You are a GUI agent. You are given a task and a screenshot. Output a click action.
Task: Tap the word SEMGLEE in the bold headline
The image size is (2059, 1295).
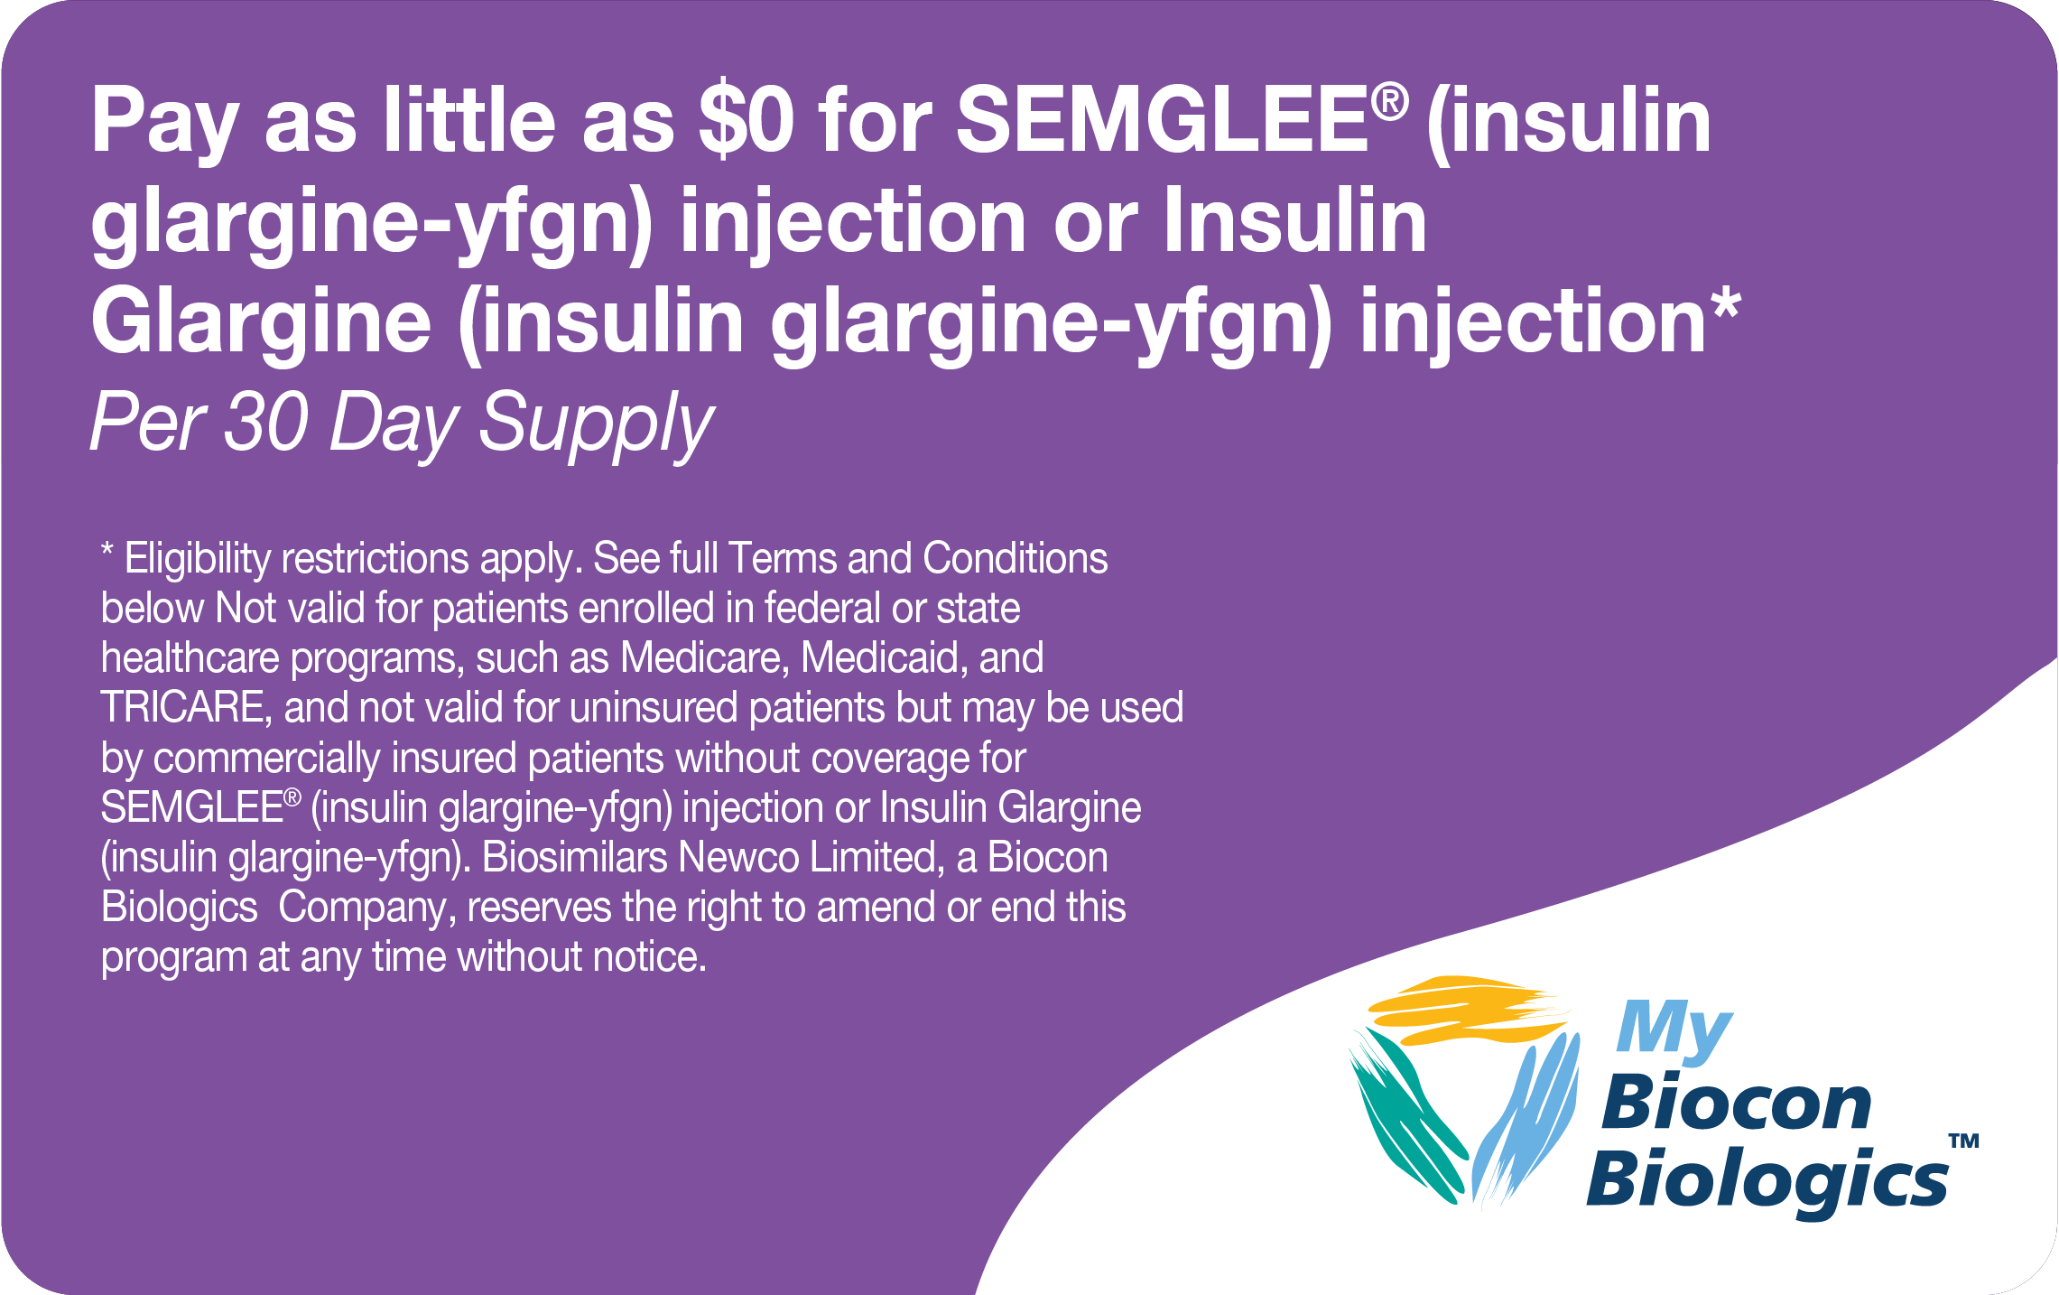click(1163, 120)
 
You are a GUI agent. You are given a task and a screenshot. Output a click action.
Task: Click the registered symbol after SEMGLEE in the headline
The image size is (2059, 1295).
click(1389, 101)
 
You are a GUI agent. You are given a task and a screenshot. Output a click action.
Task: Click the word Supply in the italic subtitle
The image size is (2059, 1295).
click(596, 424)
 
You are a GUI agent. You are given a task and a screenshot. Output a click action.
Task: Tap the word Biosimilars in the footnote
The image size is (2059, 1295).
click(574, 858)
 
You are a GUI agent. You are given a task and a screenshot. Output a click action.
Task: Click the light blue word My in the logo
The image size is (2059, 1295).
click(1672, 1029)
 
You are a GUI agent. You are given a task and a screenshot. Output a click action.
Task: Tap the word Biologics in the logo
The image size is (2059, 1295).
click(1767, 1179)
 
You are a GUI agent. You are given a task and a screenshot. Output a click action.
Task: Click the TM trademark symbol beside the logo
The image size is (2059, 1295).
click(1963, 1141)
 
